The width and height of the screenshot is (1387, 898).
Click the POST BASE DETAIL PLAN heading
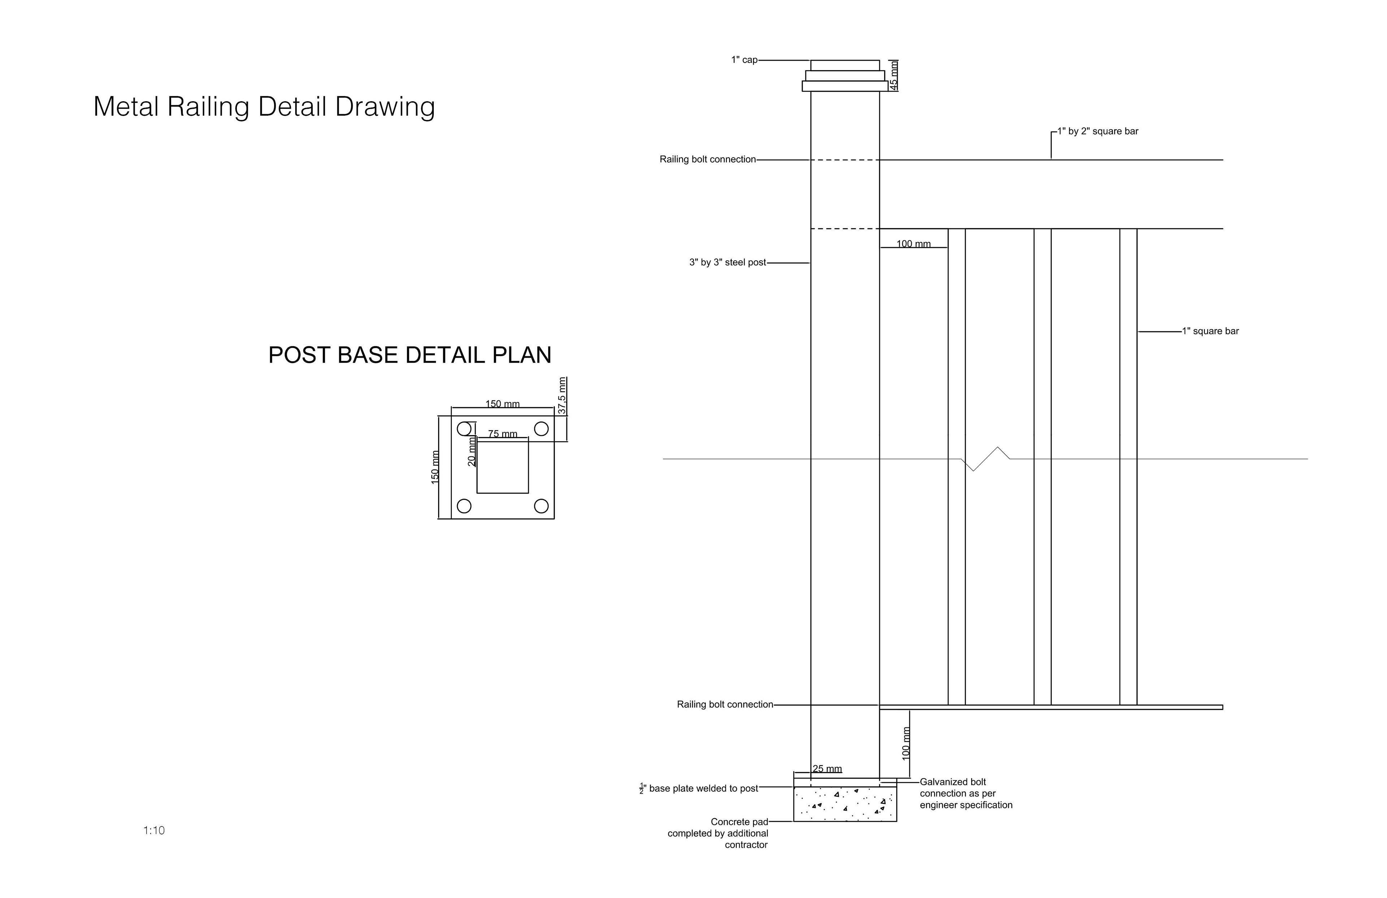tap(410, 355)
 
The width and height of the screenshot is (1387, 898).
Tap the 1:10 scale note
tap(154, 830)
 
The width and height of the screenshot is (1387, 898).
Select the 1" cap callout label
tap(744, 60)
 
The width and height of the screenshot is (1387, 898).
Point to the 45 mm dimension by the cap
tap(894, 75)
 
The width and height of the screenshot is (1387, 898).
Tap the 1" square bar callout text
tap(1210, 331)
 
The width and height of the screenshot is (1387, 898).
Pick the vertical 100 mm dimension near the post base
tap(906, 743)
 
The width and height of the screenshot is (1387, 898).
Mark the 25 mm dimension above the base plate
tap(827, 769)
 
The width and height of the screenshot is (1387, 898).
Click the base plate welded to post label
tap(699, 789)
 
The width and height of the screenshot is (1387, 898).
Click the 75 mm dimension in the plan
tap(502, 434)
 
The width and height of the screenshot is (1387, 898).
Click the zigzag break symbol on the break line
tap(985, 459)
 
